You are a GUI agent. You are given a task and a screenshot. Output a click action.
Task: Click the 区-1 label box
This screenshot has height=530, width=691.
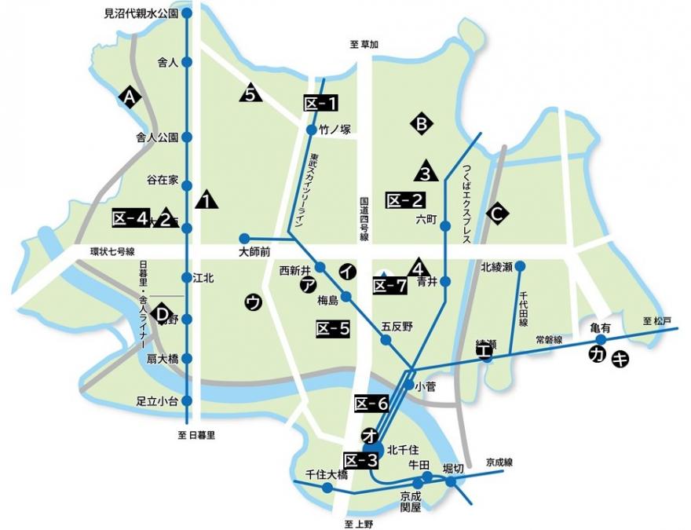pos(320,103)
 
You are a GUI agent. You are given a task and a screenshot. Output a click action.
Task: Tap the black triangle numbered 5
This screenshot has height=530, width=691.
pos(250,94)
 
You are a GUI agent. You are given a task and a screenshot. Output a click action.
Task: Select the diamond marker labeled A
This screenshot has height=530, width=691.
pos(130,97)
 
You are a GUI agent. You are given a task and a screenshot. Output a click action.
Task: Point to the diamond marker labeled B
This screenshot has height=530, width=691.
pos(421,123)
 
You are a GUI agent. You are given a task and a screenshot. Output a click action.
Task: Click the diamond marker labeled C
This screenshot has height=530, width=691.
pos(495,212)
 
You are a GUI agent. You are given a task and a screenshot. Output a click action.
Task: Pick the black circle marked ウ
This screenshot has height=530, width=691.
pos(253,302)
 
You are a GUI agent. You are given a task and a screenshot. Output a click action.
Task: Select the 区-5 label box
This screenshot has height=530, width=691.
pos(332,329)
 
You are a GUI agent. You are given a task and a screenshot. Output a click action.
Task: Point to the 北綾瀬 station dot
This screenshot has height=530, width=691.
pos(520,266)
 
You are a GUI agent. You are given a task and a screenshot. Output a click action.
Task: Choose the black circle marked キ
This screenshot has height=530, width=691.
pos(620,358)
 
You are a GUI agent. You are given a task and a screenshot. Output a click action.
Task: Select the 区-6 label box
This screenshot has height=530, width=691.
pos(371,404)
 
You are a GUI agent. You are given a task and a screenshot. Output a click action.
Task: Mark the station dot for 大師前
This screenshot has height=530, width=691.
pos(244,238)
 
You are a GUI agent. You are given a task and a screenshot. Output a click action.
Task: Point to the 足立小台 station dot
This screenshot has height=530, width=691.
pos(186,400)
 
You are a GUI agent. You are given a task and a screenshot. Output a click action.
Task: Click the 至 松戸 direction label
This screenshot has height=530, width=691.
pos(657,320)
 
